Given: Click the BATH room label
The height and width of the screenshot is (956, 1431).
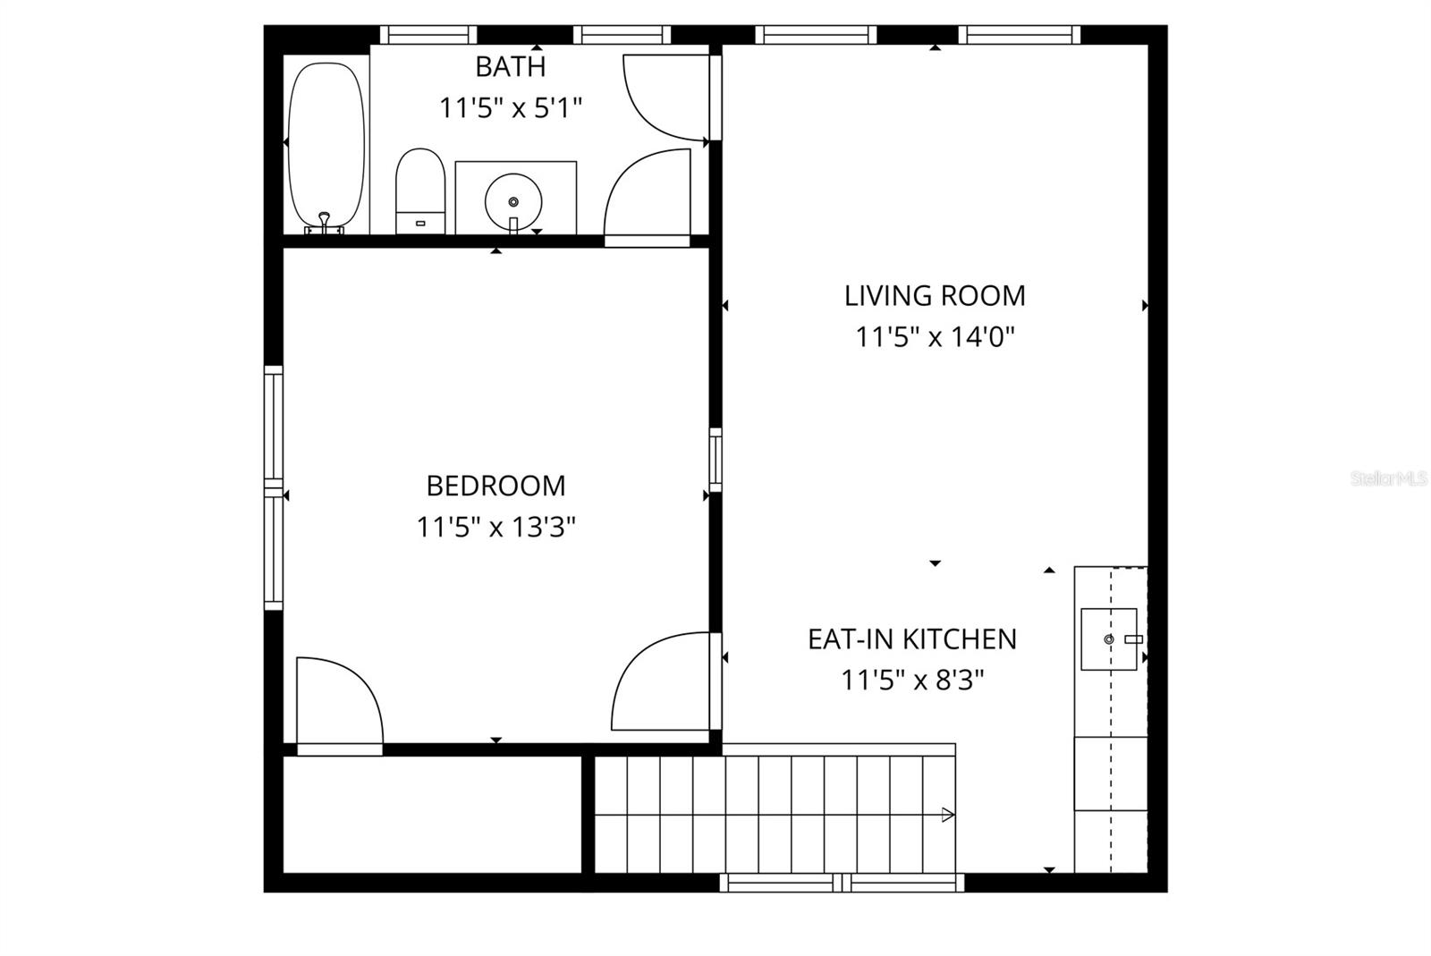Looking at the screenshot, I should pyautogui.click(x=510, y=67).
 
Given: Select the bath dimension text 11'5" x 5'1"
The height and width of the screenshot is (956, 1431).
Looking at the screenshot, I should pyautogui.click(x=510, y=108).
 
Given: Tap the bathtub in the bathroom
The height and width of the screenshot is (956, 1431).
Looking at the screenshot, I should pyautogui.click(x=326, y=143).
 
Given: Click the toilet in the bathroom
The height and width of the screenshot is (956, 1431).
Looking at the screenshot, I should pyautogui.click(x=420, y=190).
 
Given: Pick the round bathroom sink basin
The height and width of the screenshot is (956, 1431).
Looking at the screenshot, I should pyautogui.click(x=513, y=201).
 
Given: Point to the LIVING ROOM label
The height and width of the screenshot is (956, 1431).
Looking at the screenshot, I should pyautogui.click(x=935, y=295).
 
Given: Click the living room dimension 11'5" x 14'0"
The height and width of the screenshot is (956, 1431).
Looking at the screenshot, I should pyautogui.click(x=935, y=337).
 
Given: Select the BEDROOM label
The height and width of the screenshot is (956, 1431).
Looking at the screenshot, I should pyautogui.click(x=495, y=486).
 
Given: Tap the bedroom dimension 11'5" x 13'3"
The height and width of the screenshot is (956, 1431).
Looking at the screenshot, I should pyautogui.click(x=495, y=528).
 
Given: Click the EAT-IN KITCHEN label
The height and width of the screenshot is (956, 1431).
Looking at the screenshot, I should pyautogui.click(x=912, y=639).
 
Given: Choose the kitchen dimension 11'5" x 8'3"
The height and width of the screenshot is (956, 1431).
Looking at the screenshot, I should pyautogui.click(x=912, y=681).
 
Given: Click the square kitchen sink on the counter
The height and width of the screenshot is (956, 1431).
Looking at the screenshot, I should pyautogui.click(x=1109, y=639).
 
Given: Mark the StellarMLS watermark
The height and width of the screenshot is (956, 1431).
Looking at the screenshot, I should pyautogui.click(x=1388, y=479).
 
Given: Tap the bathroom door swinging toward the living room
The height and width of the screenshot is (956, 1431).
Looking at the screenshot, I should pyautogui.click(x=664, y=97).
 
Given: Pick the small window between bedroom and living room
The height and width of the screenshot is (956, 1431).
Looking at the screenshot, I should pyautogui.click(x=715, y=460).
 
